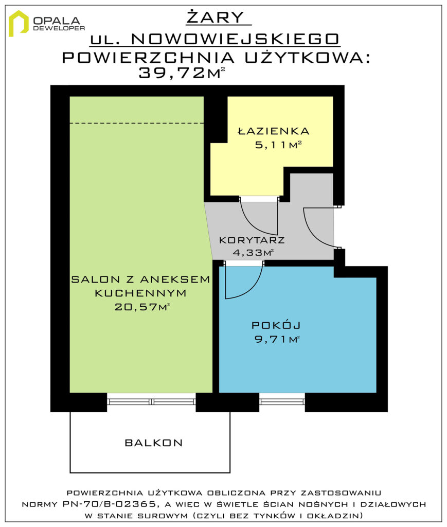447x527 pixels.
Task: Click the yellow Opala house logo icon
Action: [19, 23]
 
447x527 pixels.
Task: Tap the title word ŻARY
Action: [216, 17]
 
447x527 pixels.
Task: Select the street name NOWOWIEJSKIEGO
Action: [235, 39]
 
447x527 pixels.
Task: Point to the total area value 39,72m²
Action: [182, 73]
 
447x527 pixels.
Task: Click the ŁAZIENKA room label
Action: [273, 131]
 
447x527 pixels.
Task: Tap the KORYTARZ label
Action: [252, 240]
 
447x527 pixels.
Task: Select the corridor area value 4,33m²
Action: [253, 252]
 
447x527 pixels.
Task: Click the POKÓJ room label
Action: [276, 325]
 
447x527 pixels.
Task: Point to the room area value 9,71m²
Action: [277, 339]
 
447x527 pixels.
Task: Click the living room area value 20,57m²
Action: [142, 307]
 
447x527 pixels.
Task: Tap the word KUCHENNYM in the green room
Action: [140, 293]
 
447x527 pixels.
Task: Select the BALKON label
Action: [154, 443]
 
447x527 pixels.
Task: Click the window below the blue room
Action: [282, 401]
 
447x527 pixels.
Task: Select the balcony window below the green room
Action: [151, 401]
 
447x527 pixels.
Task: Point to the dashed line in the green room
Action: [137, 123]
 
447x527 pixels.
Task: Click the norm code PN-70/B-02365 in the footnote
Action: [109, 504]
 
